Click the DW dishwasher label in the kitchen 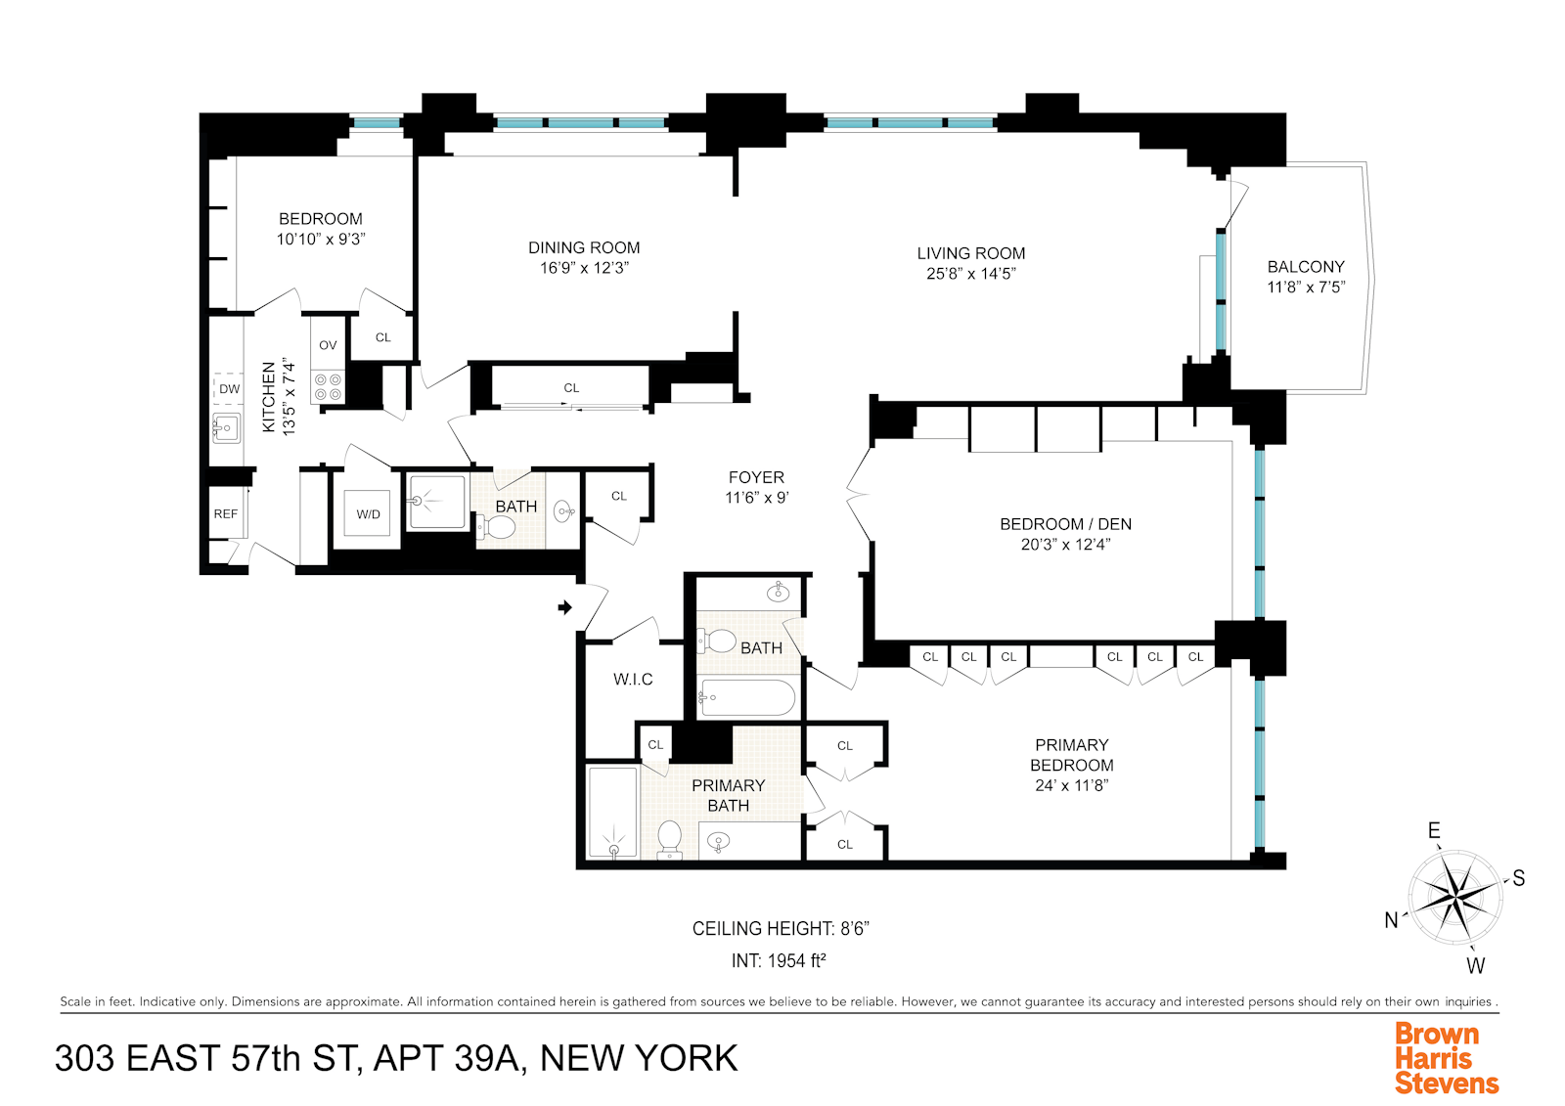click(x=229, y=389)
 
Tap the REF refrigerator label click(x=226, y=514)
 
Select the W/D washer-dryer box click(x=368, y=514)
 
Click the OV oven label click(x=328, y=345)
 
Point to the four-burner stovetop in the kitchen click(x=329, y=386)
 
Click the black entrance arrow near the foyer click(x=564, y=607)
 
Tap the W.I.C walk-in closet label click(x=633, y=679)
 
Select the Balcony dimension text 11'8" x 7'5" click(x=1306, y=288)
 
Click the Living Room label click(x=970, y=253)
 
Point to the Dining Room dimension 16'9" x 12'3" click(x=584, y=268)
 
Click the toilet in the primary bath click(x=670, y=838)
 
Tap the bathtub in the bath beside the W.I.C click(x=747, y=697)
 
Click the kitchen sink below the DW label click(x=226, y=427)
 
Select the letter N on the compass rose click(x=1391, y=920)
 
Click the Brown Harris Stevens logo click(x=1446, y=1058)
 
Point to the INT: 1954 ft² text click(x=779, y=961)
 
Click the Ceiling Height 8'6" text click(x=780, y=929)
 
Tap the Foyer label click(x=756, y=477)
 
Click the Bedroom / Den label click(x=1065, y=524)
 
